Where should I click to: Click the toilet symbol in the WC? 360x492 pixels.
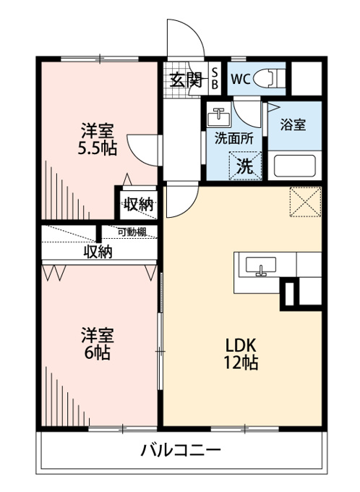pos(269,78)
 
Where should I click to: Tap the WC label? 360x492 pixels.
pos(241,79)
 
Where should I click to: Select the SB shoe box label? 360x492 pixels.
pos(215,78)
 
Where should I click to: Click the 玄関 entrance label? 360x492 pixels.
pos(186,80)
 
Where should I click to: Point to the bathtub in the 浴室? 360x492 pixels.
pos(294,166)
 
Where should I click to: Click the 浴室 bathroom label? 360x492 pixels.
pos(293,125)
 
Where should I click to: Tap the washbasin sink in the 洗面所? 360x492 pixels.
pos(218,116)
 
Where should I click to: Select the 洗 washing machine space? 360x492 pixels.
pos(245,166)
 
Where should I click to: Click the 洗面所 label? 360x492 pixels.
pos(234,138)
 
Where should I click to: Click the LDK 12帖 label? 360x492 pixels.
pos(241,354)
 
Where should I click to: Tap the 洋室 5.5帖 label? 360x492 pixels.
pos(97,140)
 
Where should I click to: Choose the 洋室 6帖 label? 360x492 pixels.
pos(97,344)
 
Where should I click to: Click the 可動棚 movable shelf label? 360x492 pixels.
pos(132,232)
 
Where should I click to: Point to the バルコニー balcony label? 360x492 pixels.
pos(181,451)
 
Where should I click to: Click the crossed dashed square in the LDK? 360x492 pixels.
pos(306,202)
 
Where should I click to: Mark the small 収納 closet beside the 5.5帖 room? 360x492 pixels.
pos(138,205)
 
